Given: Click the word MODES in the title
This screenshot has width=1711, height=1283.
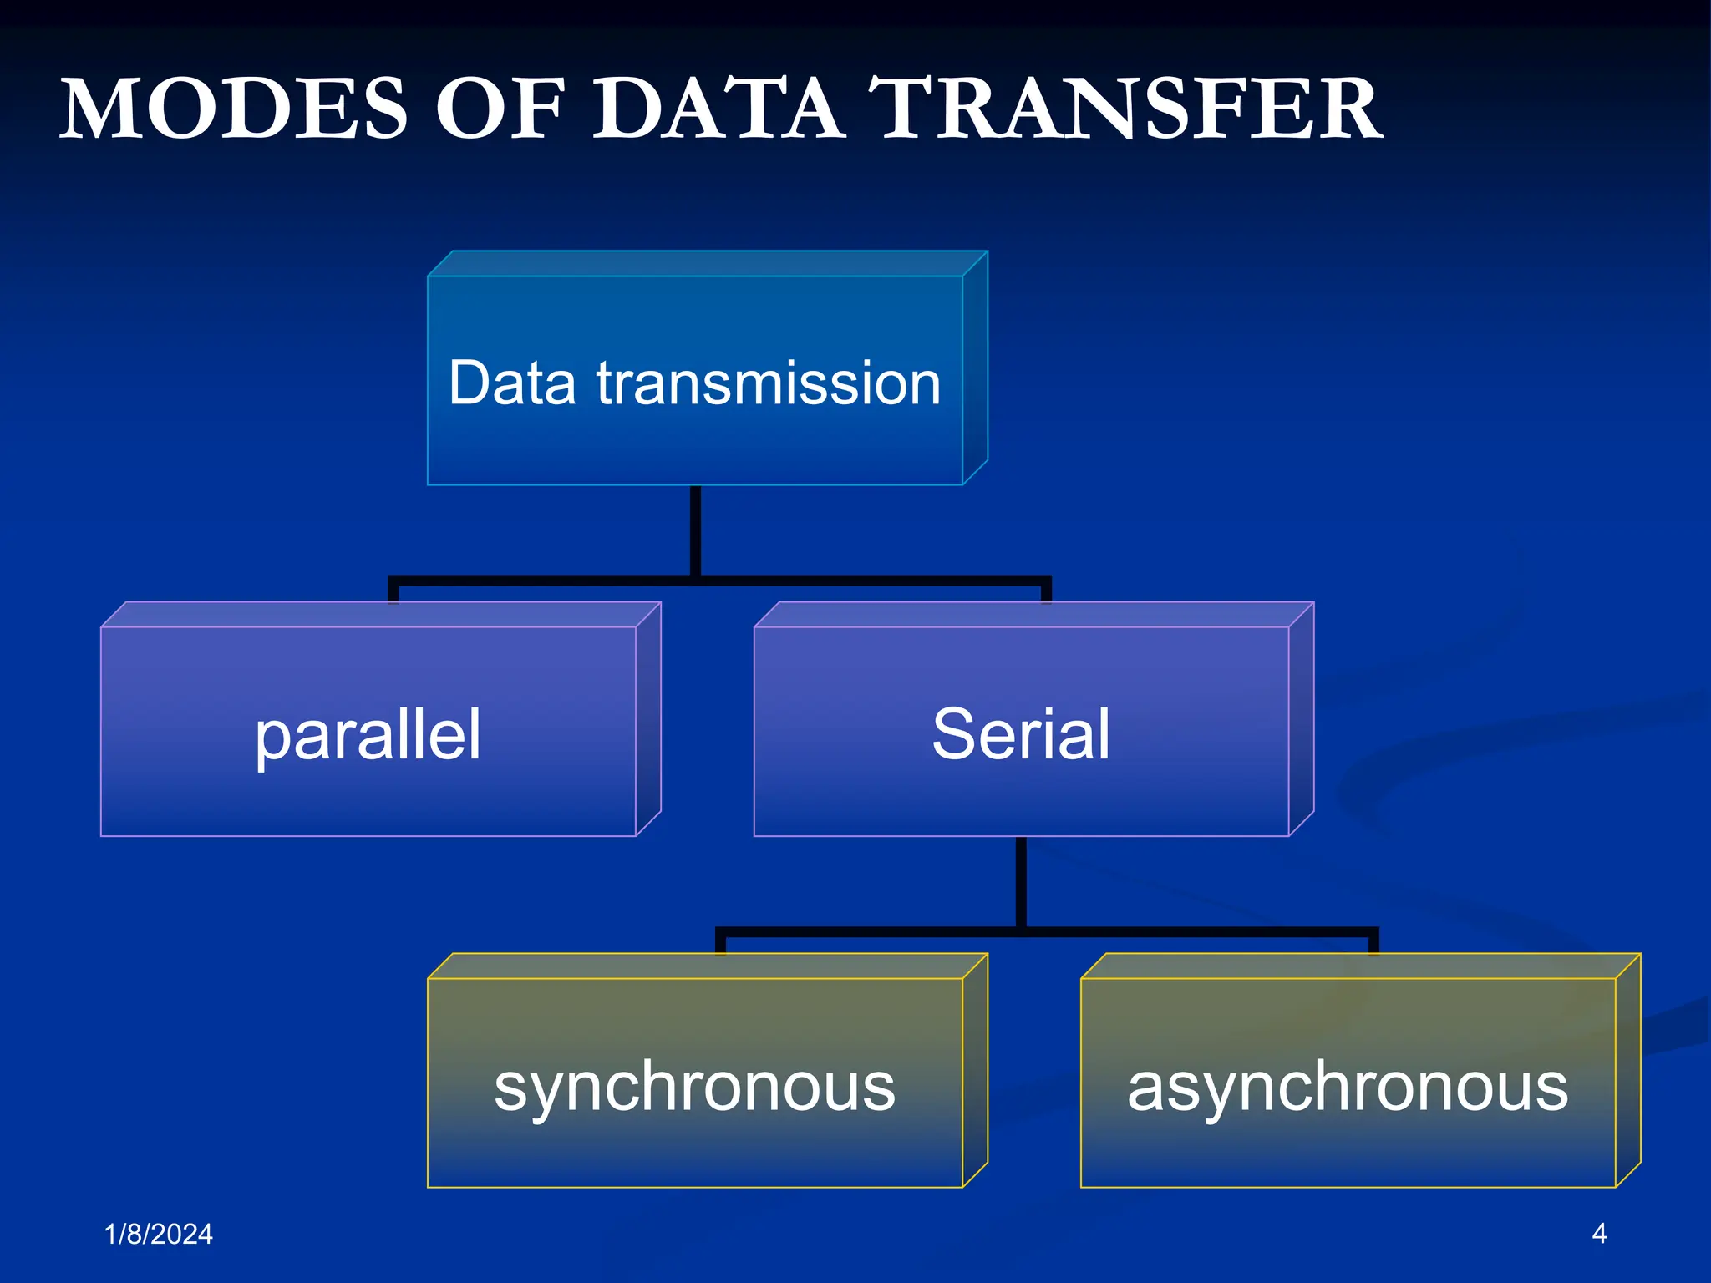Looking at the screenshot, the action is click(234, 109).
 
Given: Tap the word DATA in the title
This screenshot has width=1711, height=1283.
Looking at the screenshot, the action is click(717, 109).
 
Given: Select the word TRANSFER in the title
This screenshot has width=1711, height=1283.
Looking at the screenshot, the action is click(1125, 109).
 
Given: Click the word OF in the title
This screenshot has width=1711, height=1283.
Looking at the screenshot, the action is click(500, 109).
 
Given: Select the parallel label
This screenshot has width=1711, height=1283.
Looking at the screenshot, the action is click(368, 736).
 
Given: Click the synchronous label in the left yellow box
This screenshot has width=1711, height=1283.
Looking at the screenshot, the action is click(695, 1088).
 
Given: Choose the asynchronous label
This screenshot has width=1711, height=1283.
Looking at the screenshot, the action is click(1348, 1088).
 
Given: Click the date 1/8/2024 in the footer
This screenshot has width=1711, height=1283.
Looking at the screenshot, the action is click(159, 1234).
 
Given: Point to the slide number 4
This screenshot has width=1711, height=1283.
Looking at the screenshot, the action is click(1599, 1233).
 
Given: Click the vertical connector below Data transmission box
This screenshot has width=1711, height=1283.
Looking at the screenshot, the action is click(695, 531).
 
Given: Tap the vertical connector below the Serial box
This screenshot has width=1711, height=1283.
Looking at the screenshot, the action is click(1021, 882).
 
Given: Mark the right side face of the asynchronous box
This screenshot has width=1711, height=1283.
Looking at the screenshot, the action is click(1628, 1070).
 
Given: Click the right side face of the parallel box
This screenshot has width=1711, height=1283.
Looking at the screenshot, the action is click(648, 719).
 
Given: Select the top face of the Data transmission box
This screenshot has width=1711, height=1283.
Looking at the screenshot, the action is click(708, 263).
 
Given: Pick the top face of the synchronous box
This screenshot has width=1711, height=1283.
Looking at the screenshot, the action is click(708, 966).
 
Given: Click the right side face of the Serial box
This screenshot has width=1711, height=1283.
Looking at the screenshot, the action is click(1302, 719).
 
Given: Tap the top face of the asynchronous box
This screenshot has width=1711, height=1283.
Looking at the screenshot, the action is click(1361, 966).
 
